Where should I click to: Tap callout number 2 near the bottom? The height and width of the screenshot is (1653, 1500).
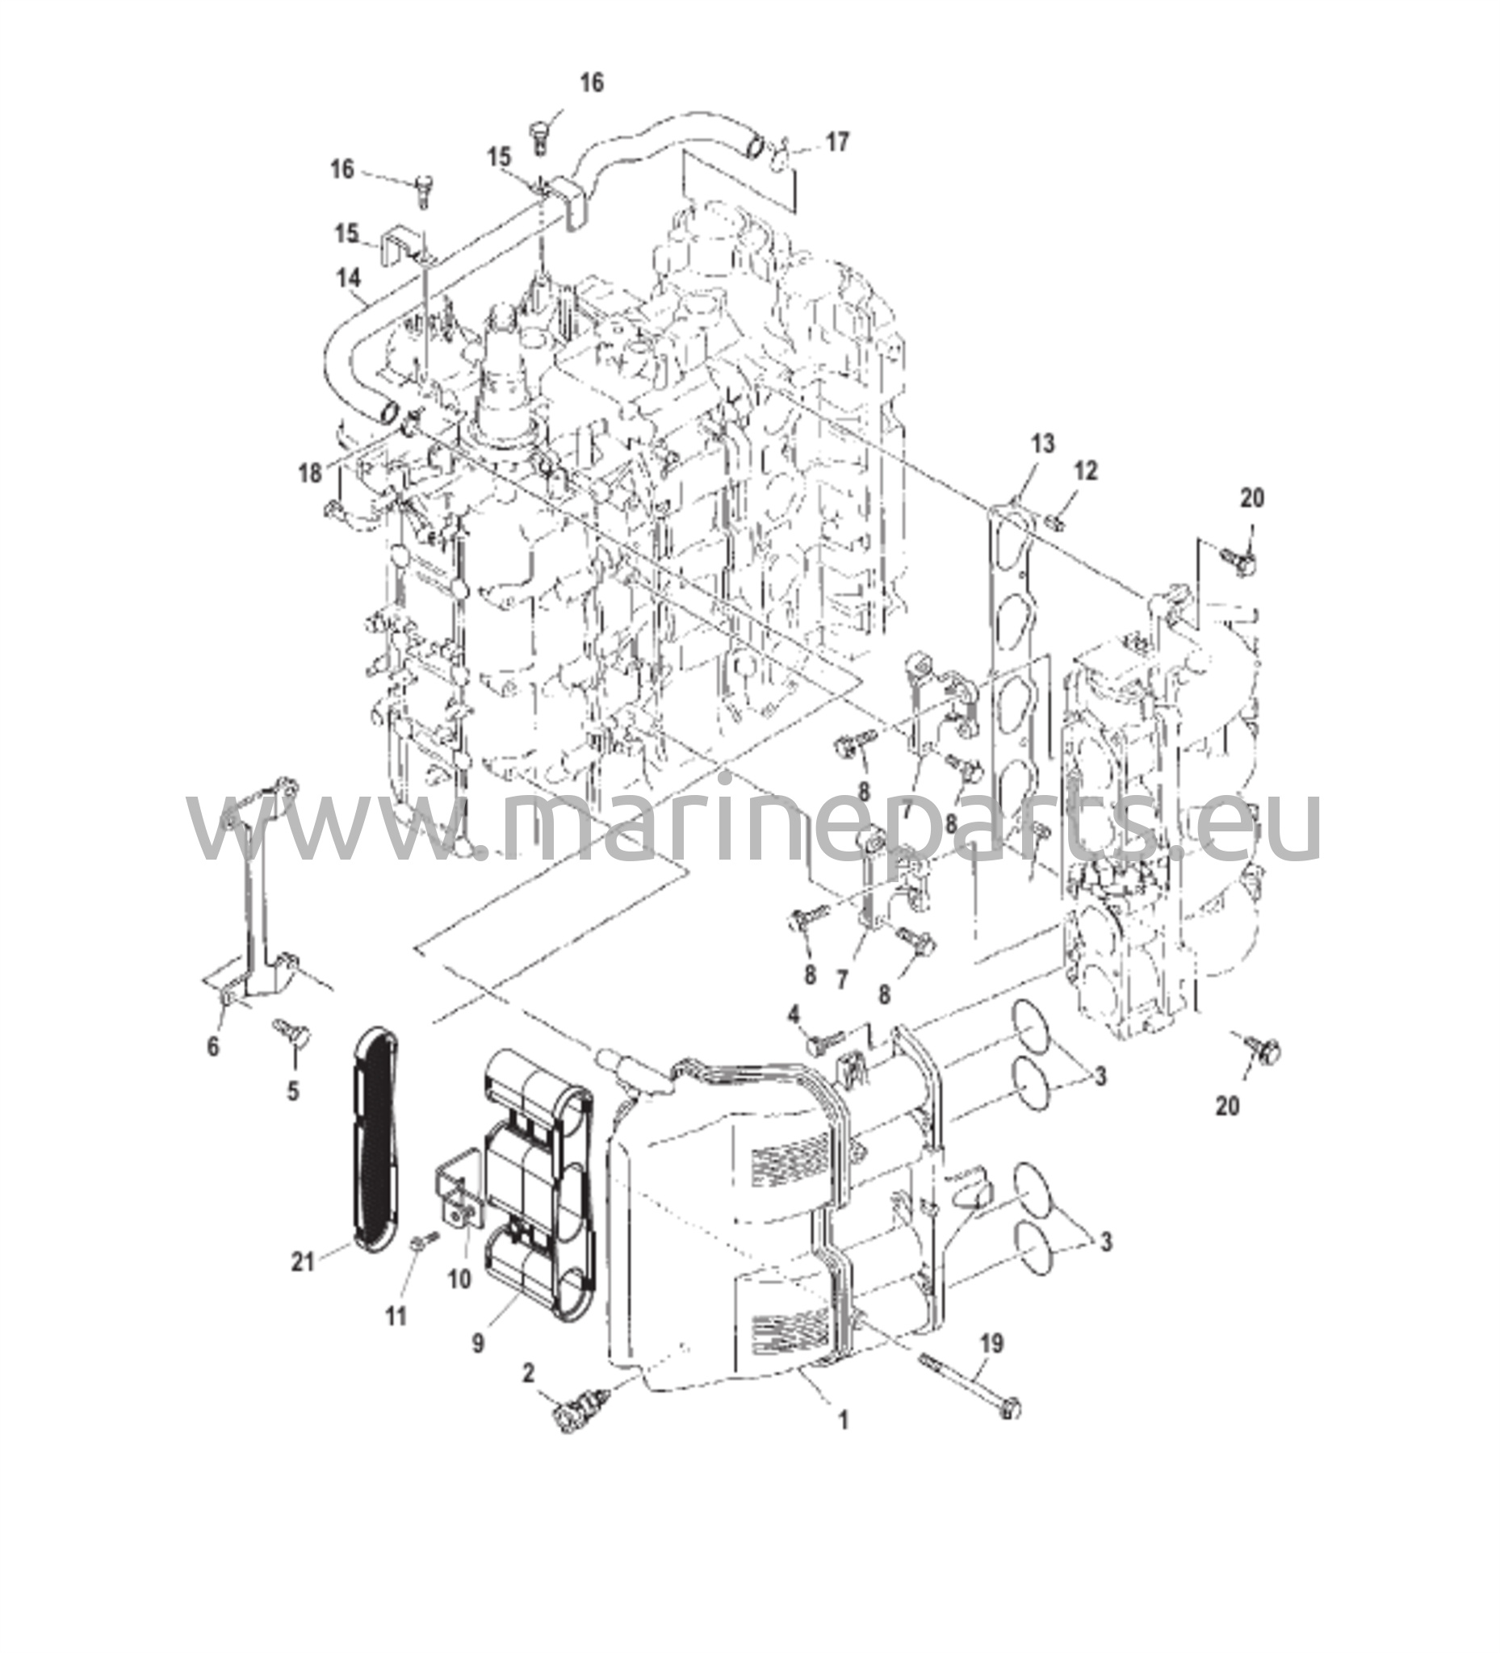pos(529,1373)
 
